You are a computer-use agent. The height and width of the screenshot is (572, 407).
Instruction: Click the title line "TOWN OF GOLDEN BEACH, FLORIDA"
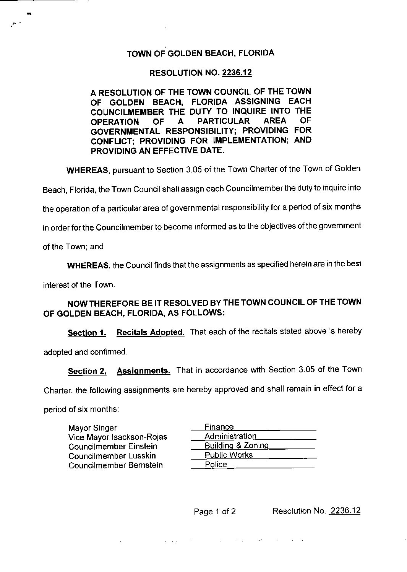coord(200,53)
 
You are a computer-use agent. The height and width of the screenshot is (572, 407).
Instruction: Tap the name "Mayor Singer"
coord(92,428)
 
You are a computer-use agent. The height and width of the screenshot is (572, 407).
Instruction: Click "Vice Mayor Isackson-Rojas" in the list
coord(118,437)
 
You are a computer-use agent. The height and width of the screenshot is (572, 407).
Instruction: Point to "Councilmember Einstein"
coord(113,447)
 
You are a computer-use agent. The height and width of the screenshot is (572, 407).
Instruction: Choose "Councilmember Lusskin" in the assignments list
coord(112,456)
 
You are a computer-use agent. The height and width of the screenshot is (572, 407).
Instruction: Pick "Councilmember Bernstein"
coord(115,465)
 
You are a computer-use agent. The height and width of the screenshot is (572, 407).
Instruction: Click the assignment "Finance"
coord(219,427)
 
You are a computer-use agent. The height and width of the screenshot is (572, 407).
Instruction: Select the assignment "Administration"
coord(230,436)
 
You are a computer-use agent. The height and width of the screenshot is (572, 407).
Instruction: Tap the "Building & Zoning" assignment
coord(237,445)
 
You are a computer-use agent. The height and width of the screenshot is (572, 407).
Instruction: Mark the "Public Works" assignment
coord(229,455)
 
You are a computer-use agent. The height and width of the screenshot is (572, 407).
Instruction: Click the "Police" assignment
coord(216,465)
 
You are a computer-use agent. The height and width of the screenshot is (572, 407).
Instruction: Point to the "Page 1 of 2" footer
coord(215,512)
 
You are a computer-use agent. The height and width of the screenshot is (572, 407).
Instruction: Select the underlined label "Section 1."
coord(87,333)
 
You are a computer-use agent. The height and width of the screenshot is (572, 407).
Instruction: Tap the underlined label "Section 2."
coord(87,371)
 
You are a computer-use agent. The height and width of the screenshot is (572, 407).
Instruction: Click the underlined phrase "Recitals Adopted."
coord(150,332)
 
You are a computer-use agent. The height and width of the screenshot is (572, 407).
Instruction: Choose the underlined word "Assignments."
coord(143,370)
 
